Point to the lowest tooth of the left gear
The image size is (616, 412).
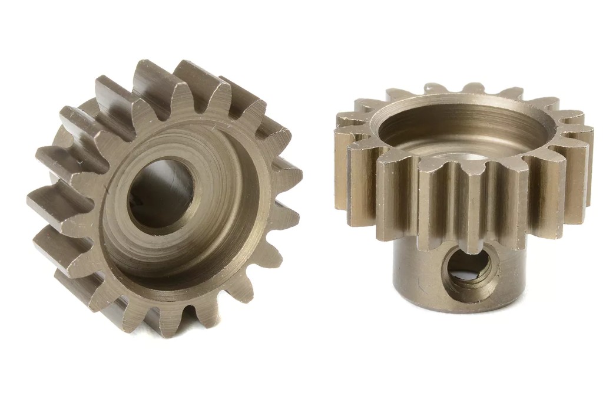click(x=168, y=321)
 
